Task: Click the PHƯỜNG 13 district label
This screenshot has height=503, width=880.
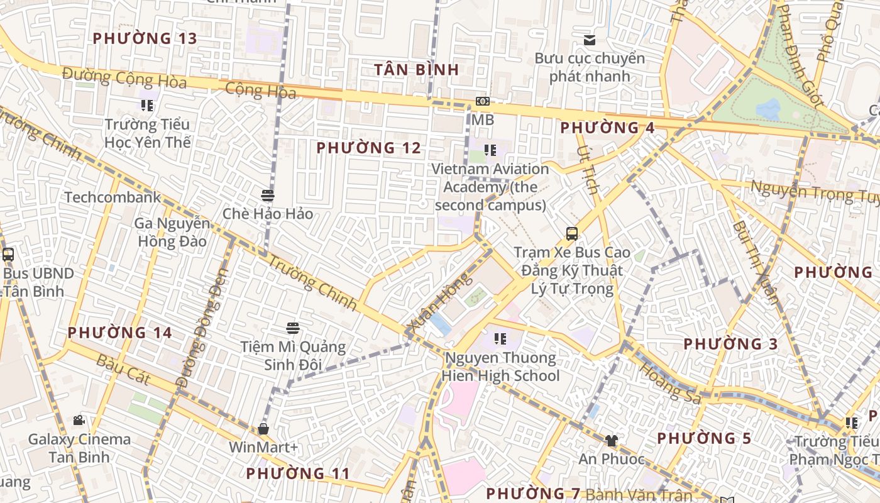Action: click(x=145, y=38)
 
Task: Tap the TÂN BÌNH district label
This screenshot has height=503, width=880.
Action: click(x=417, y=69)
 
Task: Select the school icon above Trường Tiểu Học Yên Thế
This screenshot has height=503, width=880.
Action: click(x=147, y=105)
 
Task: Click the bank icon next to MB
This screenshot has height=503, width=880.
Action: click(x=483, y=101)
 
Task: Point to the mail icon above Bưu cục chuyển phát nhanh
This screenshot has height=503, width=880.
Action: click(x=589, y=40)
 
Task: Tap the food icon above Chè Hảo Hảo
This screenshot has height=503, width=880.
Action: click(x=268, y=195)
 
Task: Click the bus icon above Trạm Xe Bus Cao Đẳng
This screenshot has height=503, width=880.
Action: click(x=571, y=234)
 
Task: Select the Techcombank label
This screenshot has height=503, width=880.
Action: click(x=113, y=197)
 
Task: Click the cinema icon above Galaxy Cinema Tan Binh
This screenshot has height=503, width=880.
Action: click(x=79, y=420)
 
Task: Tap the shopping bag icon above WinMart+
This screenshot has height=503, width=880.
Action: click(x=263, y=429)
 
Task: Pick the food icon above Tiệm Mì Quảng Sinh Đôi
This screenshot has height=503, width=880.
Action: click(x=292, y=328)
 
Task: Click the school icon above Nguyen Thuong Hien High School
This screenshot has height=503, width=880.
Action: click(x=500, y=339)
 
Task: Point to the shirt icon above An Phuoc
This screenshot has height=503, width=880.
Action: click(x=611, y=440)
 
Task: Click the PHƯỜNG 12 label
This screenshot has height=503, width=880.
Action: click(x=368, y=148)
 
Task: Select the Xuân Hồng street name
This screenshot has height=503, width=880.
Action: click(x=439, y=302)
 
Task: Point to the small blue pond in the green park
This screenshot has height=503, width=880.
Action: click(x=768, y=109)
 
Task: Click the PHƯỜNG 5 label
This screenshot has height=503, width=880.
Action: click(x=704, y=438)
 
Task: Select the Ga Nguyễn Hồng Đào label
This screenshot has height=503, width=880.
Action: click(x=172, y=232)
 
